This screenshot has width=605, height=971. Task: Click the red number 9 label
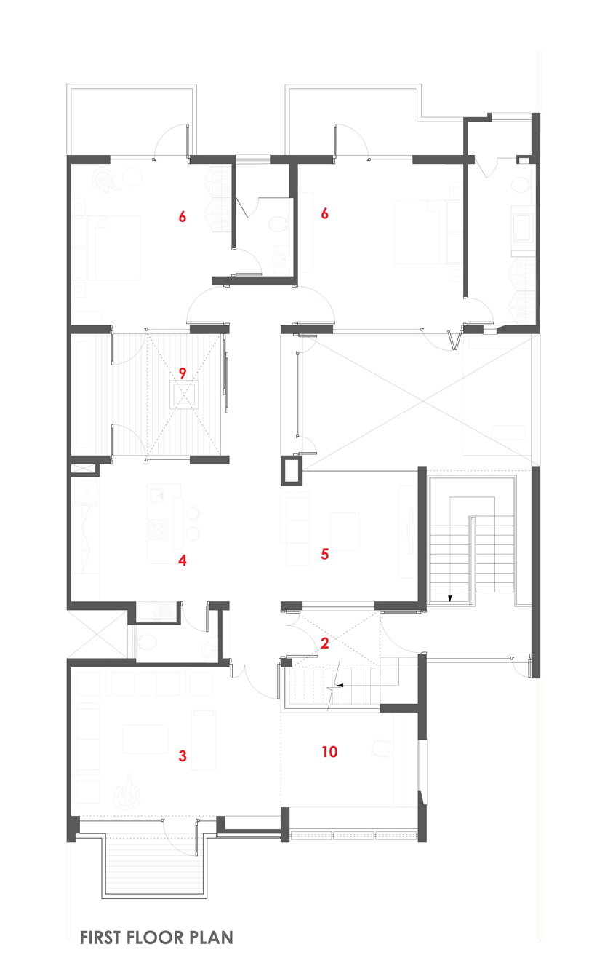click(x=183, y=373)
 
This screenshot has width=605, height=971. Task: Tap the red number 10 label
click(x=329, y=751)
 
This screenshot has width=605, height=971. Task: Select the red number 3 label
click(x=183, y=756)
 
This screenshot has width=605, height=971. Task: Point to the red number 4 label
click(x=183, y=560)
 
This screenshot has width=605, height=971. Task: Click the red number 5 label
click(x=325, y=553)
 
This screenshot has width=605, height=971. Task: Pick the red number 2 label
click(x=325, y=643)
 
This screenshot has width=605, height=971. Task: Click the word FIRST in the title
click(x=100, y=938)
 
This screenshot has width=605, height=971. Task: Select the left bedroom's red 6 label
click(x=183, y=216)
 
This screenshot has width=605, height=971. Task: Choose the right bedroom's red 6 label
click(x=325, y=213)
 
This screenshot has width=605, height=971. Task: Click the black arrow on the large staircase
click(x=450, y=598)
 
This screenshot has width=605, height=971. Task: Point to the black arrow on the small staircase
click(x=340, y=686)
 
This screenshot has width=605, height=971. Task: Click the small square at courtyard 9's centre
click(x=185, y=395)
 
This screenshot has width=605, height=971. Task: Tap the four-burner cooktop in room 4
click(x=158, y=529)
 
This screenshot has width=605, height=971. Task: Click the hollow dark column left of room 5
click(x=292, y=470)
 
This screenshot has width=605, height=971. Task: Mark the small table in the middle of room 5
click(x=345, y=531)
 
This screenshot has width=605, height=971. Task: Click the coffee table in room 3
click(x=145, y=739)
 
